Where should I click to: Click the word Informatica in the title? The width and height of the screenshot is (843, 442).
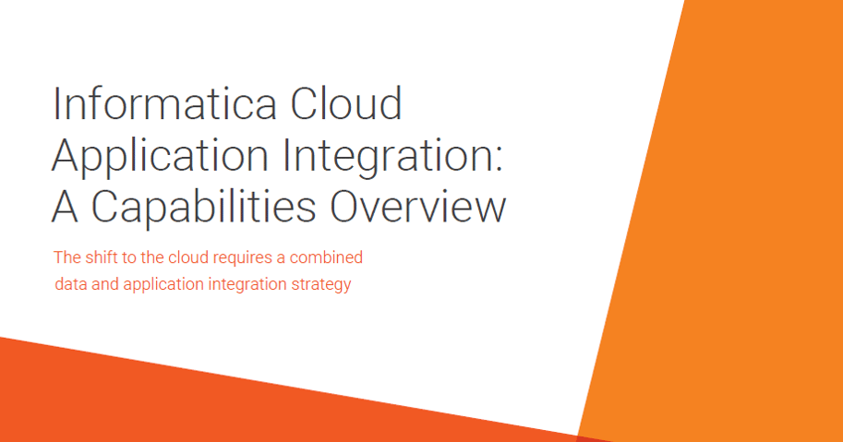pyautogui.click(x=164, y=102)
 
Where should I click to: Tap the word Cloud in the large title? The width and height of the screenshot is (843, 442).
pyautogui.click(x=346, y=102)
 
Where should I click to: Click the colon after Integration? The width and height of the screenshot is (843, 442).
pyautogui.click(x=499, y=161)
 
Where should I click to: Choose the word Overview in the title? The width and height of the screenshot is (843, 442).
pyautogui.click(x=417, y=207)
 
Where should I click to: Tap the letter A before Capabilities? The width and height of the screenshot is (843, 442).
pyautogui.click(x=65, y=207)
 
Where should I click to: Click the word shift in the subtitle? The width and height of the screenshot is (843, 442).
pyautogui.click(x=102, y=257)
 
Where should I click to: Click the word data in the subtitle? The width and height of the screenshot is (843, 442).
pyautogui.click(x=71, y=283)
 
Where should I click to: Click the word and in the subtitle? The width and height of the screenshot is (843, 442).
pyautogui.click(x=105, y=283)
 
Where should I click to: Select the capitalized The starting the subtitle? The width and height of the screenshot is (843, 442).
pyautogui.click(x=67, y=257)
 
